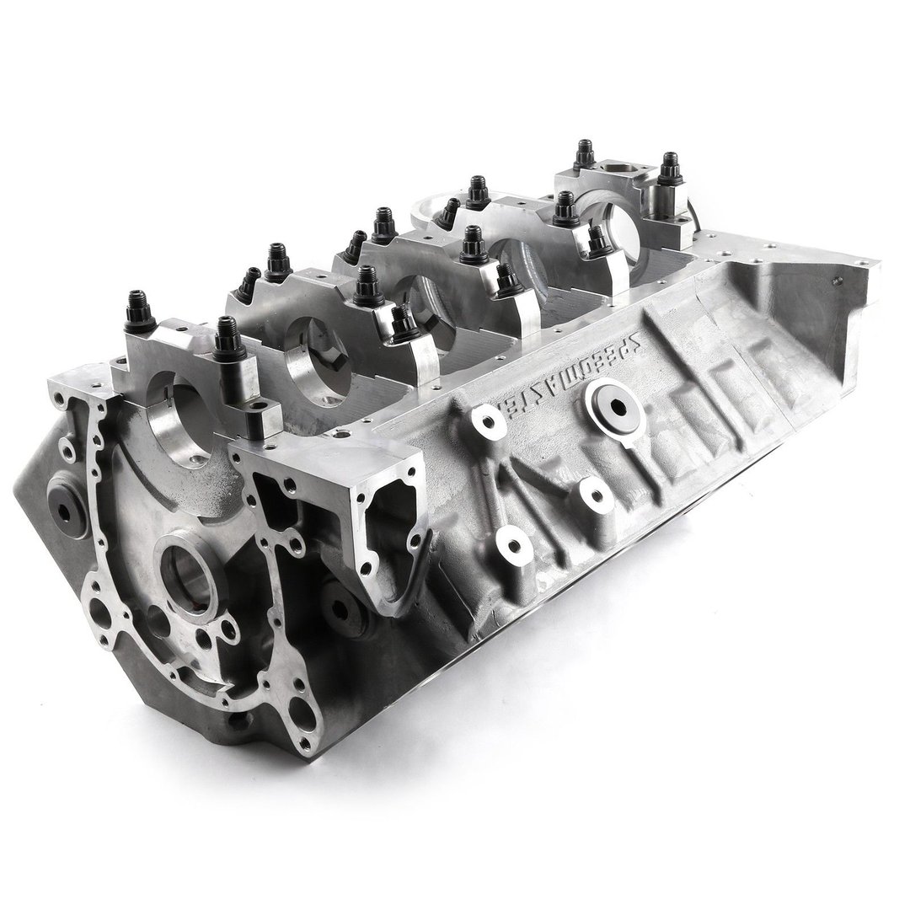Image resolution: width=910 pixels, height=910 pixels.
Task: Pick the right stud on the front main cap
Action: (x=225, y=337)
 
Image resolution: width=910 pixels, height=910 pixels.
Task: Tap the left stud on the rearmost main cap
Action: (x=583, y=156)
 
